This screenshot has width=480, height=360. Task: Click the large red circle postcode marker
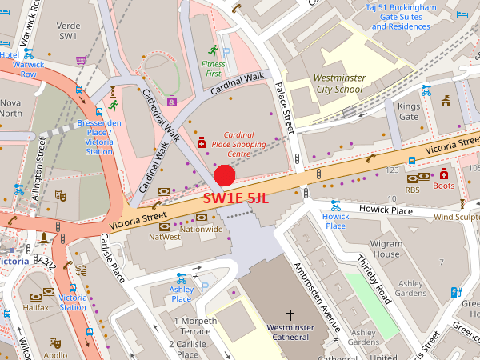[x=225, y=176]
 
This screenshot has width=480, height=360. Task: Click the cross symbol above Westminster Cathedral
[x=290, y=315]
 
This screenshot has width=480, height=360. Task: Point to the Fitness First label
[x=213, y=68]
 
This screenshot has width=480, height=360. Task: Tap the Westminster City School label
[x=338, y=84]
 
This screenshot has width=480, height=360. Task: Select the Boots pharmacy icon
[x=443, y=174]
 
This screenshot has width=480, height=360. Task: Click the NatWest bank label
[x=164, y=238]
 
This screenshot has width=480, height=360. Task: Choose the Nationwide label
[x=201, y=230]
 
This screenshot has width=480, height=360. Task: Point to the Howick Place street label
[x=336, y=221]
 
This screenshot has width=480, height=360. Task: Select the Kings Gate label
[x=409, y=111]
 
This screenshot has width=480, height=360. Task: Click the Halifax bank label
[x=38, y=307]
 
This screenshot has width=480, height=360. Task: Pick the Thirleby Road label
[x=372, y=278]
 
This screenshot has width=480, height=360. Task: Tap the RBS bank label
[x=412, y=190]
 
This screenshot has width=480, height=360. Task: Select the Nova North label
[x=11, y=108]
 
